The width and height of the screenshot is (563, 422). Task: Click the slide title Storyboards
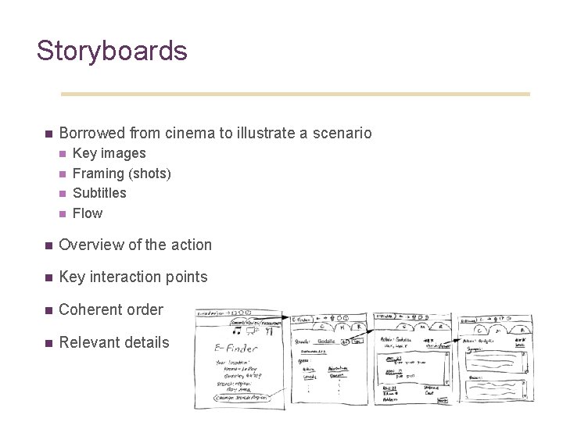click(x=112, y=51)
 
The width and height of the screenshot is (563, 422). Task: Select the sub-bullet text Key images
click(x=109, y=153)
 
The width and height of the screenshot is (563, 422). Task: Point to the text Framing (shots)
click(x=121, y=173)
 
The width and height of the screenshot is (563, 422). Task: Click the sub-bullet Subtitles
click(x=99, y=193)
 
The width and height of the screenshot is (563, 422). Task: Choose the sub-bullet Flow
click(x=88, y=213)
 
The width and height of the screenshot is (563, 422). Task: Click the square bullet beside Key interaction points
click(x=48, y=277)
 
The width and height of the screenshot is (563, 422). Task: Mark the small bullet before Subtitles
click(x=63, y=193)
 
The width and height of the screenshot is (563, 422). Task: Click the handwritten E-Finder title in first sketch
click(x=238, y=349)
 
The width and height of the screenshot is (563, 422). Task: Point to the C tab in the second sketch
click(x=321, y=328)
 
